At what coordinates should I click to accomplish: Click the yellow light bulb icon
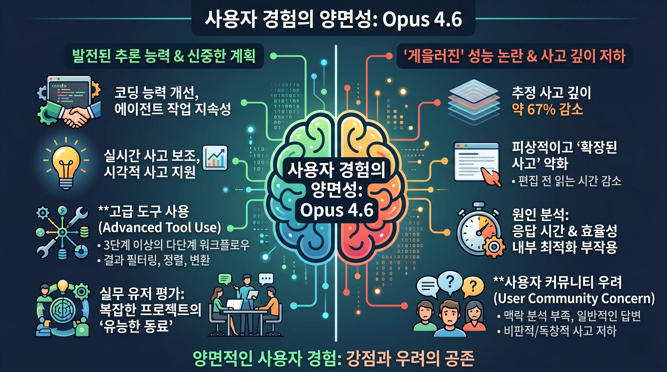click(66, 162)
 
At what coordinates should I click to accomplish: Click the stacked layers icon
click(474, 102)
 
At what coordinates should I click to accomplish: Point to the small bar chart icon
click(215, 158)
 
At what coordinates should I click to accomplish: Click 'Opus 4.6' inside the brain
click(337, 210)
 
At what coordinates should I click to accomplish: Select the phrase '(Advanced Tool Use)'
click(159, 227)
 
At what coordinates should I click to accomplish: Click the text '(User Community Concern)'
click(574, 298)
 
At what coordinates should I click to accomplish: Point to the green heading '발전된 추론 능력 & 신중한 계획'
click(164, 56)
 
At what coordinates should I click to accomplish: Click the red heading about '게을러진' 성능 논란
click(515, 56)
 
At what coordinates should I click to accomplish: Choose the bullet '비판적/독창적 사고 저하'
click(560, 331)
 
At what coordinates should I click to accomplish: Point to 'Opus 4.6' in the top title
click(422, 19)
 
